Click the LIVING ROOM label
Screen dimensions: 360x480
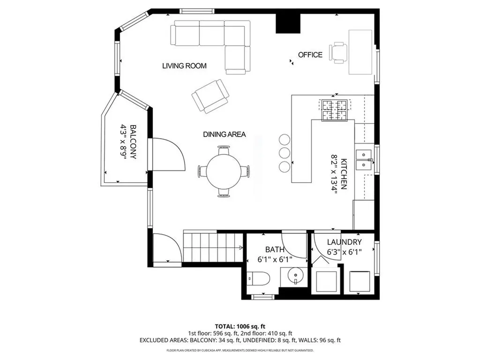click(184, 66)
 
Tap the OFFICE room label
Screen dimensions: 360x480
click(310, 55)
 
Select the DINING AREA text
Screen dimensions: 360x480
click(224, 135)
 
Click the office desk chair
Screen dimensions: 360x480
click(339, 52)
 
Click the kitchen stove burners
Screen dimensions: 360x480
click(334, 110)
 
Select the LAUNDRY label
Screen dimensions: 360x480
click(344, 242)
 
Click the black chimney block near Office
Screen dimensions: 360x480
click(287, 22)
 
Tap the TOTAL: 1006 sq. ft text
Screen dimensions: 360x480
click(240, 326)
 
